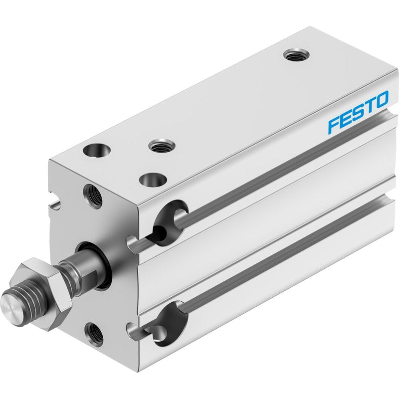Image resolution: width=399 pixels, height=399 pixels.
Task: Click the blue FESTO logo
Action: (x=358, y=112)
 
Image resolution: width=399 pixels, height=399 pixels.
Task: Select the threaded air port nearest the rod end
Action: (x=162, y=146)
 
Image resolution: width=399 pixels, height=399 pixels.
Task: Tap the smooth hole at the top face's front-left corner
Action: (x=97, y=150)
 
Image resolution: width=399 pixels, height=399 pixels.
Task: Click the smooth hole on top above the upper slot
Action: (x=153, y=180)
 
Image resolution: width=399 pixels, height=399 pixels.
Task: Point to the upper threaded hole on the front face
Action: (x=93, y=197)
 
